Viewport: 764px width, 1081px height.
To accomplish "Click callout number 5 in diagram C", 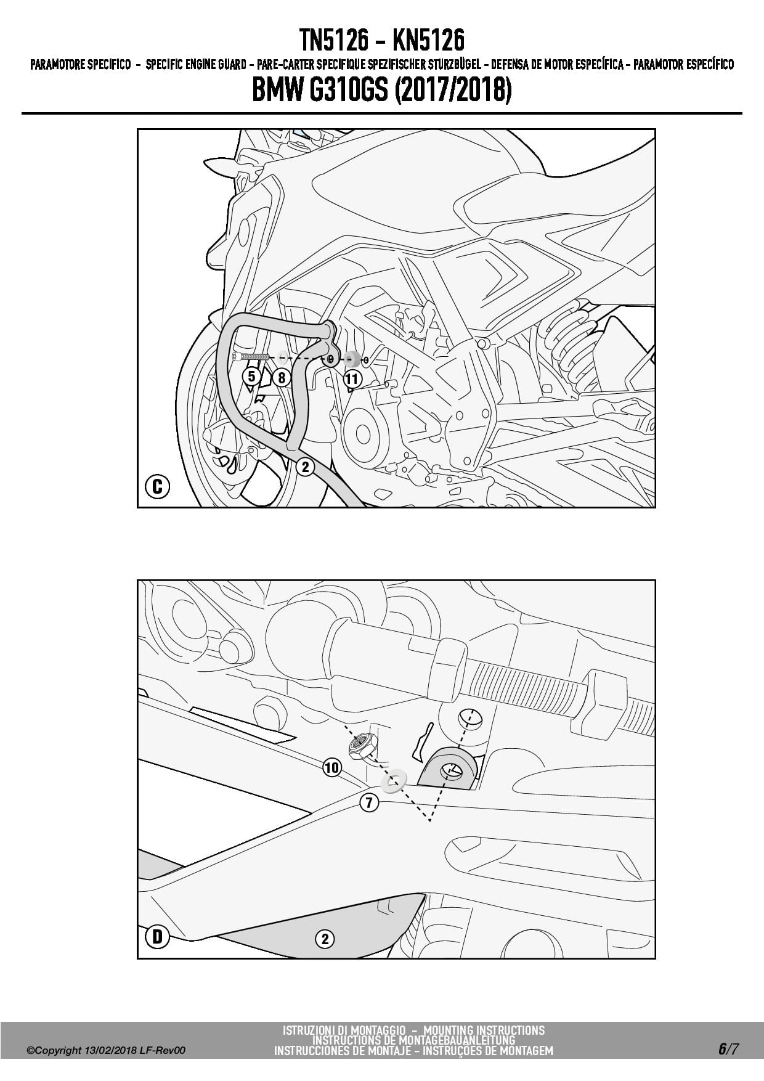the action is tap(251, 376).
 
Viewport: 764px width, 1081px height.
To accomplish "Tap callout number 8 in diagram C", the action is tap(282, 377).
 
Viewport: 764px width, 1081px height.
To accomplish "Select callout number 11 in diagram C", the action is tap(352, 378).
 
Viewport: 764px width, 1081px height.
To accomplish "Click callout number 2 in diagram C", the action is tap(305, 467).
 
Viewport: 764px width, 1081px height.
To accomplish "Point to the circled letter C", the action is tap(157, 487).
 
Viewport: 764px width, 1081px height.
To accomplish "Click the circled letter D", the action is tap(157, 937).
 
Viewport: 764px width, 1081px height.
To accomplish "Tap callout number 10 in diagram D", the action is tap(331, 767).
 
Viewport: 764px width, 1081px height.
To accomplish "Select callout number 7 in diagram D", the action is tap(368, 802).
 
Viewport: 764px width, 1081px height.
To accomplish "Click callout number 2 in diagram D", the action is tap(325, 939).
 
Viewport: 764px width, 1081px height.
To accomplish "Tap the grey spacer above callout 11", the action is tap(353, 359).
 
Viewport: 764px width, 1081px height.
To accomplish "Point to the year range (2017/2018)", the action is tap(452, 91).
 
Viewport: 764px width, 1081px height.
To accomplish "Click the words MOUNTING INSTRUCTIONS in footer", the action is tap(484, 1030).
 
